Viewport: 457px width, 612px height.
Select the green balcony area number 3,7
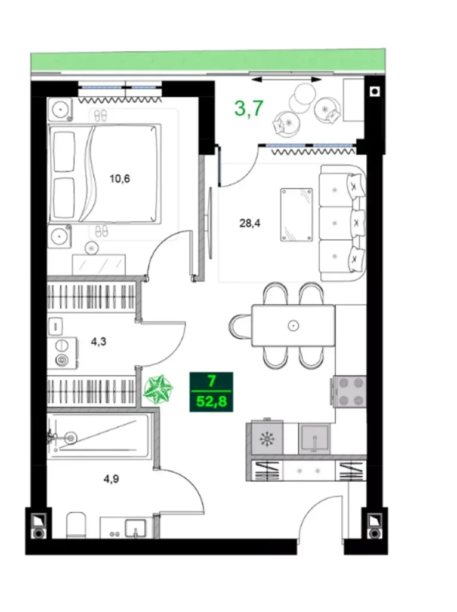(249, 109)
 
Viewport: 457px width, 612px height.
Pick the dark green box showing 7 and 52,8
(211, 391)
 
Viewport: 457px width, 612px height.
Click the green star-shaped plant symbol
(159, 390)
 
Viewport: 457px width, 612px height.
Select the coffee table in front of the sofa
(297, 214)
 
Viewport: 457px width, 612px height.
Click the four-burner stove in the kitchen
(350, 391)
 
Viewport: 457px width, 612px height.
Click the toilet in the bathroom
(77, 525)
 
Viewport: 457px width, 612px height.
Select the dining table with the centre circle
(293, 325)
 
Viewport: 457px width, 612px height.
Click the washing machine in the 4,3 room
(62, 353)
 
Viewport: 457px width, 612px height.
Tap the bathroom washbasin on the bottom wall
(135, 528)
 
